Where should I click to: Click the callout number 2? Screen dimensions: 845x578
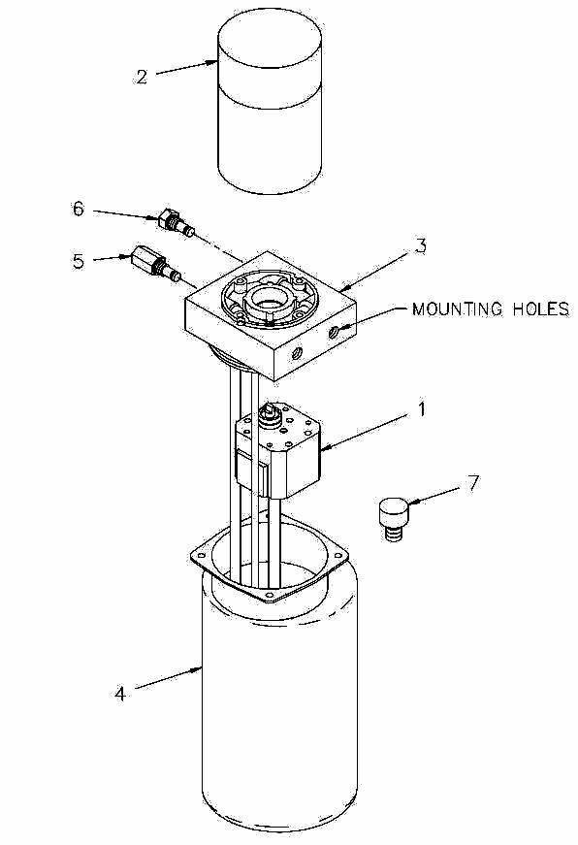point(142,77)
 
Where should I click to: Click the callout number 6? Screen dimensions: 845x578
point(79,209)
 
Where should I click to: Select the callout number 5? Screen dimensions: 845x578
point(79,261)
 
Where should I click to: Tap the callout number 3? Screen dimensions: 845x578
point(420,245)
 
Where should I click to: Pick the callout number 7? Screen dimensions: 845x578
point(472,483)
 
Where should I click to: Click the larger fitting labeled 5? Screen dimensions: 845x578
point(151,263)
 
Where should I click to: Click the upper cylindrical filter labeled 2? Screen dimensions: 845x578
point(270,107)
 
